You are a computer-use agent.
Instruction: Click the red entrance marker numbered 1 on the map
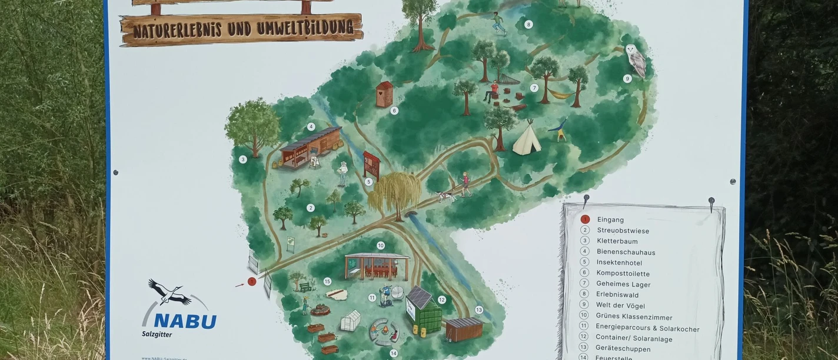(x=252, y=282)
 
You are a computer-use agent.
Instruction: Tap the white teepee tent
(x=526, y=139)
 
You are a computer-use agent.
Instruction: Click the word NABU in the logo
(x=185, y=321)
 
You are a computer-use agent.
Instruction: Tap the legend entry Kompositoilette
(x=623, y=274)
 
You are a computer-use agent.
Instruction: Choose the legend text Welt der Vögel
(x=620, y=305)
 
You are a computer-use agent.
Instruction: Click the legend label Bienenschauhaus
(x=626, y=252)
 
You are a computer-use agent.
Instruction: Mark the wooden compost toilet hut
(x=384, y=94)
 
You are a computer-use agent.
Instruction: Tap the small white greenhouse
(x=350, y=320)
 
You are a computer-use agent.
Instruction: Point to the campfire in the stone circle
(x=383, y=333)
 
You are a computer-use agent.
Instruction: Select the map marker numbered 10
(x=381, y=245)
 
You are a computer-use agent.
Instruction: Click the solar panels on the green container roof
(x=420, y=297)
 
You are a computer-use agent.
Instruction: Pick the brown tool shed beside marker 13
(x=464, y=328)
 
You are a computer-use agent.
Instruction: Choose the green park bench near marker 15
(x=305, y=287)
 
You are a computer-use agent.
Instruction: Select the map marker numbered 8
(x=528, y=25)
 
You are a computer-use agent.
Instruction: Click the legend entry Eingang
(x=610, y=220)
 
